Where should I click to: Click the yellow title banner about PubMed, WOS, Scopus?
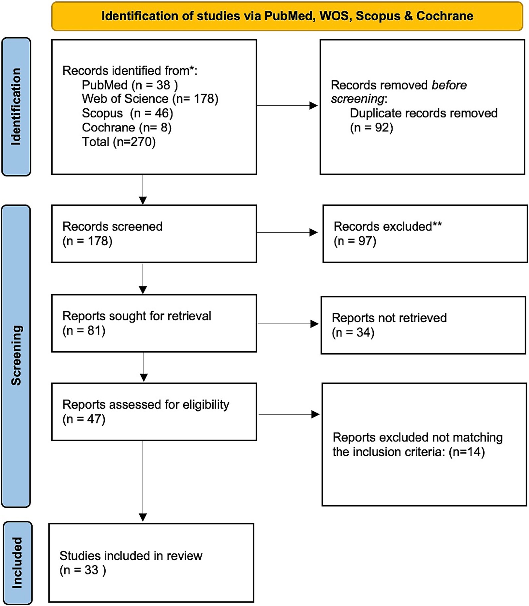click(287, 16)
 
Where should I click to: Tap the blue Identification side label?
click(16, 107)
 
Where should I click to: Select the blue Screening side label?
click(16, 356)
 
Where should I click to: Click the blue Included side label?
click(17, 563)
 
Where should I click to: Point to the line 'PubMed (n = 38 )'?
click(129, 85)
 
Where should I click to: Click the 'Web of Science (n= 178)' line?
click(150, 99)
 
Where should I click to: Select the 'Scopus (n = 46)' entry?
click(127, 113)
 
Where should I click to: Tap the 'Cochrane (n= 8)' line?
click(126, 128)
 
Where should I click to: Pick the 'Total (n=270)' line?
click(118, 142)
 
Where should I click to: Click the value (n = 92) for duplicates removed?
click(371, 128)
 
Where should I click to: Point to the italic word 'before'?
click(449, 85)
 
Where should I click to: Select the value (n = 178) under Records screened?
click(87, 241)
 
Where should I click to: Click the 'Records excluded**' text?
click(387, 226)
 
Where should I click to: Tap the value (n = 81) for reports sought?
click(84, 331)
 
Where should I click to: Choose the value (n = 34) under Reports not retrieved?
click(353, 332)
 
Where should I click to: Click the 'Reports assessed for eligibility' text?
click(146, 405)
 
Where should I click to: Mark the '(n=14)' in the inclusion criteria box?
click(467, 452)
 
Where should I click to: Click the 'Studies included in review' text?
click(131, 556)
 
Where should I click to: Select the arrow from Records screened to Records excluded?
click(287, 232)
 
